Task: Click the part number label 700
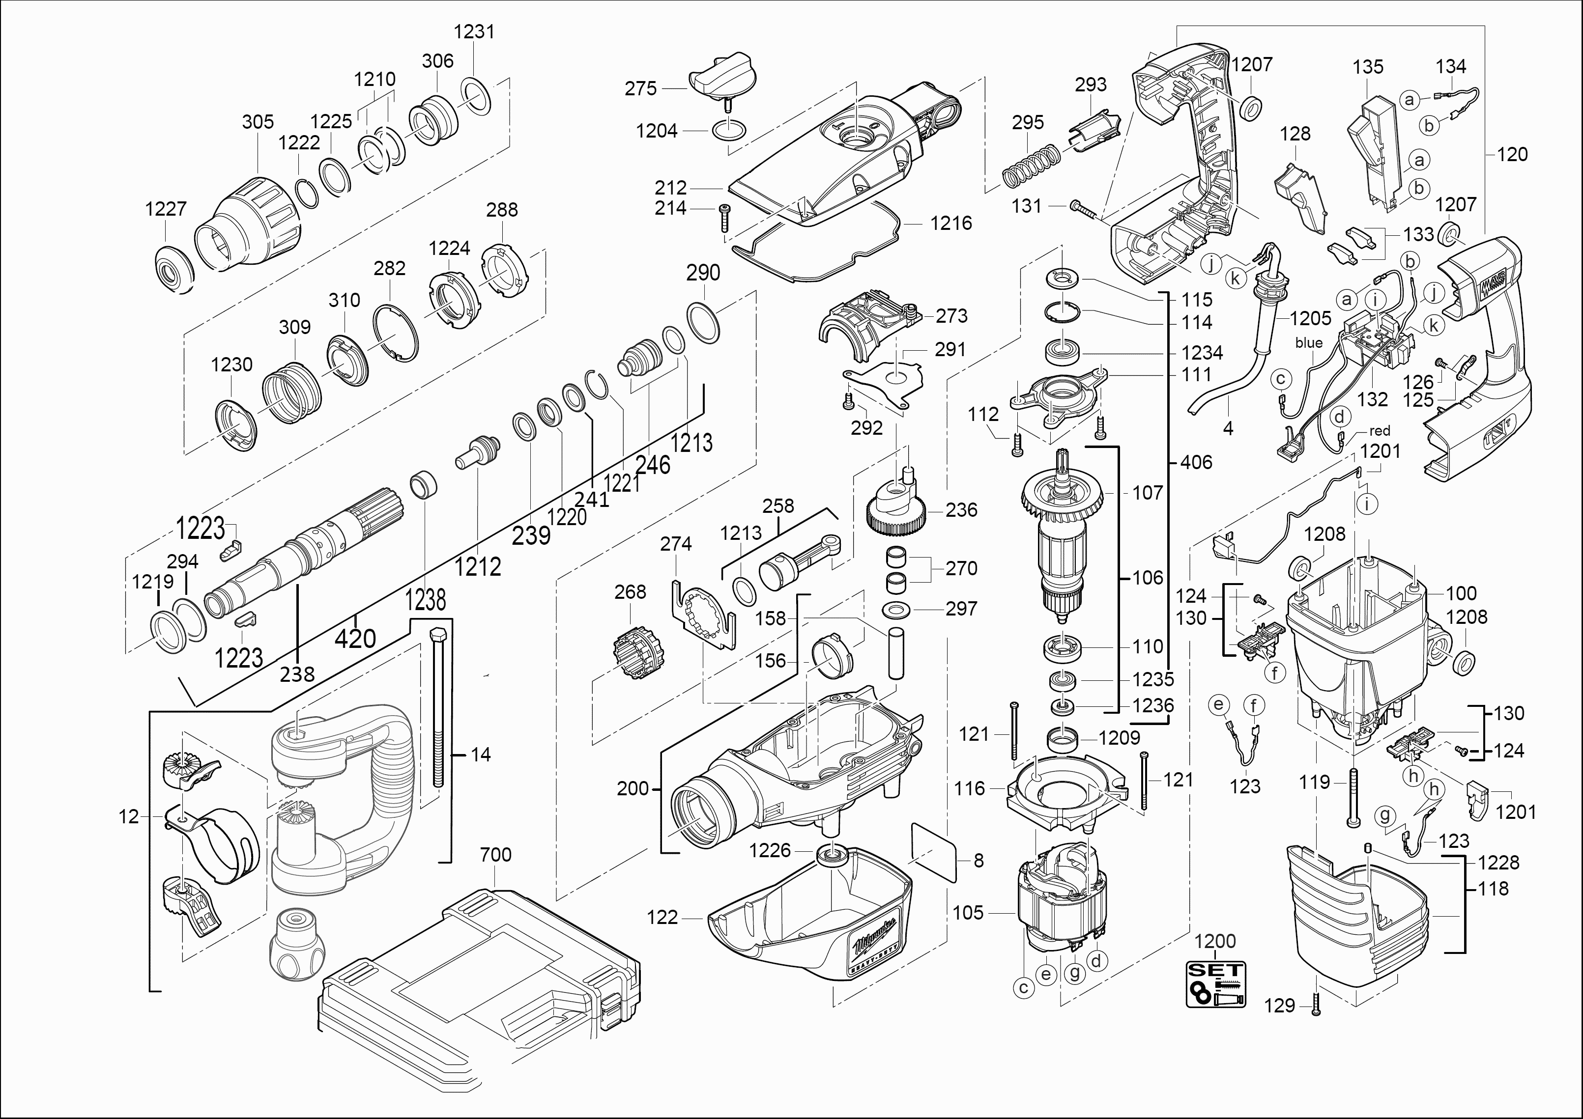pos(496,855)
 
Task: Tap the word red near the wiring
pos(1380,431)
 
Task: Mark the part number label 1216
pos(951,223)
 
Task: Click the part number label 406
pos(1196,462)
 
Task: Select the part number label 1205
pos(1311,318)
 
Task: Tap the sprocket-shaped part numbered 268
pos(639,652)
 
